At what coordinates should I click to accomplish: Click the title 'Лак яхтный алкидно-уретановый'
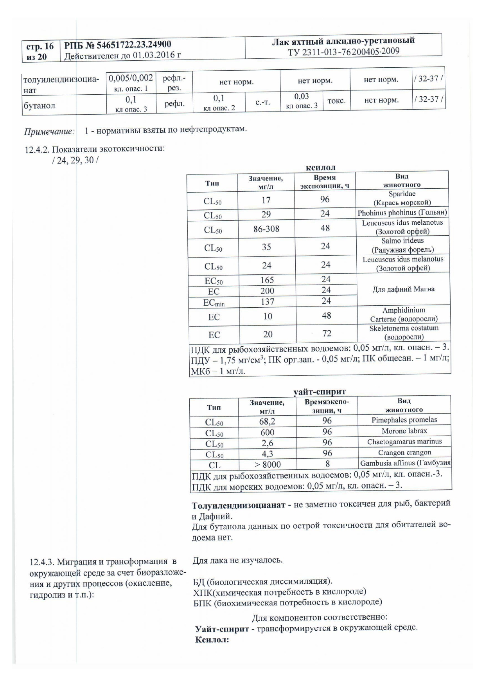[343, 41]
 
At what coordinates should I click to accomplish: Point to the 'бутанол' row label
[39, 106]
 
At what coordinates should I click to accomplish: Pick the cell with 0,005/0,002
[131, 78]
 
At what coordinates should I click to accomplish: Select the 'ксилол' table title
[320, 168]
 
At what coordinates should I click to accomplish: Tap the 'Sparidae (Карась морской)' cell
[402, 198]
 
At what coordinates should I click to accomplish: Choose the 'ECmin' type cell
[214, 303]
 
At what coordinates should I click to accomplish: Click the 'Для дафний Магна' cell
[403, 289]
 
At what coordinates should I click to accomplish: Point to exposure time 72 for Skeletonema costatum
[327, 334]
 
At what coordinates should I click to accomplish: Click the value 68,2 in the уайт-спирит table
[267, 421]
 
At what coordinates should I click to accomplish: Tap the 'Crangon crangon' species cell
[404, 453]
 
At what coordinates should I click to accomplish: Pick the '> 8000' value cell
[268, 465]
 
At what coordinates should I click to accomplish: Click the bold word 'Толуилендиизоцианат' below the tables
[238, 505]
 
